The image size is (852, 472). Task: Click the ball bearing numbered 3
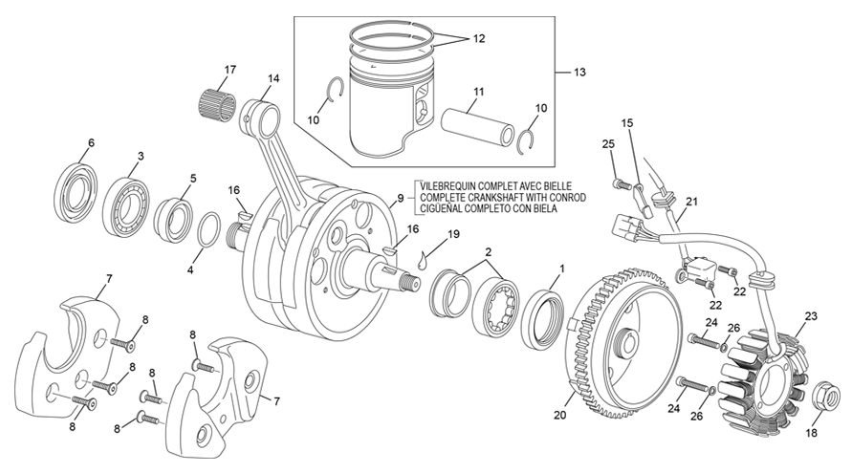(125, 202)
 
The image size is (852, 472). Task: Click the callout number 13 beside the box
(579, 73)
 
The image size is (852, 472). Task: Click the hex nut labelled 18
(823, 397)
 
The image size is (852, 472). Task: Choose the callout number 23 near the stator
(812, 316)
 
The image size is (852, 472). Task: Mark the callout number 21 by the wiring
(692, 201)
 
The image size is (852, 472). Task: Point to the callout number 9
(400, 198)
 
